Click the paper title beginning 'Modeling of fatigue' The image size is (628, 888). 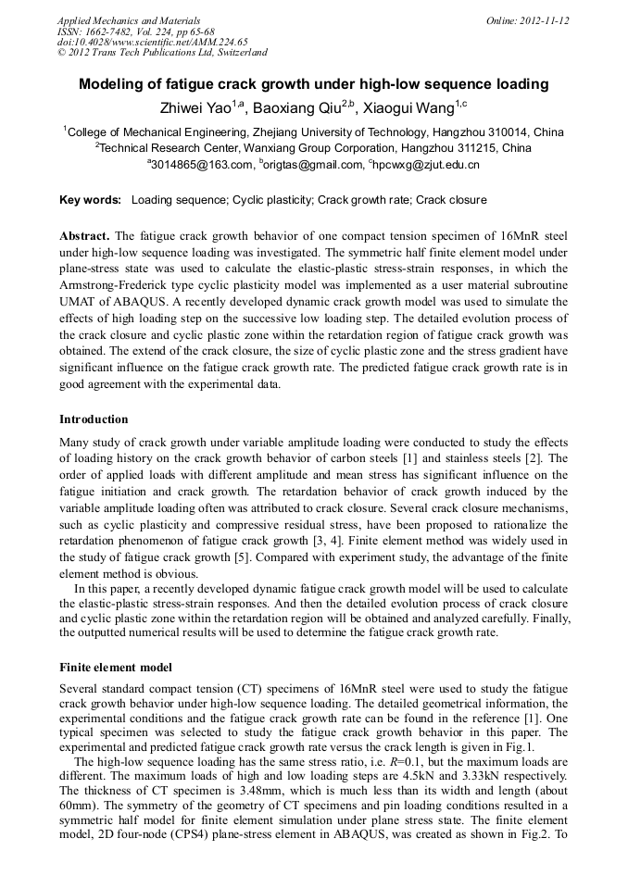click(x=313, y=84)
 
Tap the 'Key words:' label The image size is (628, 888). click(x=90, y=199)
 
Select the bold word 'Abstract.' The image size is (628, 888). click(x=85, y=236)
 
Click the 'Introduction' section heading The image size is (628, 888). click(x=94, y=419)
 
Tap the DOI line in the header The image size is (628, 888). click(x=152, y=42)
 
